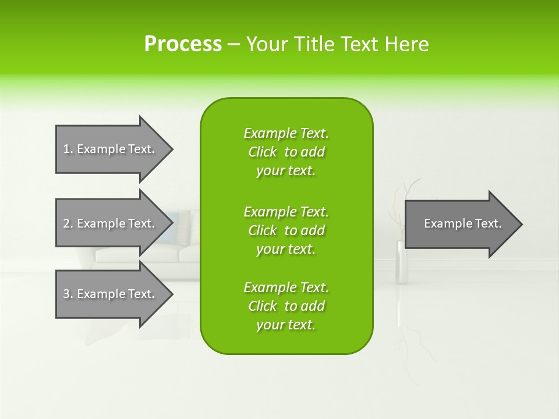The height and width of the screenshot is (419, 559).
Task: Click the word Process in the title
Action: point(183,44)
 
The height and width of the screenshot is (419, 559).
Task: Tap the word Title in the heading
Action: point(314,44)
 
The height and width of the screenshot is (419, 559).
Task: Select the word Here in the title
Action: point(406,44)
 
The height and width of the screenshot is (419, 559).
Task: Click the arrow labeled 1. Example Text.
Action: point(115,149)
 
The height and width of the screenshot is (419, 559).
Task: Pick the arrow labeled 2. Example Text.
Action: point(115,223)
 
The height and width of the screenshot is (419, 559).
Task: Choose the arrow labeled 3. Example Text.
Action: point(115,294)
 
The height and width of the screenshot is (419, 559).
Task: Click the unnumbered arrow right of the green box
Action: point(464,224)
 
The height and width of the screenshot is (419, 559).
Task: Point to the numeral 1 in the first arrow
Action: point(66,149)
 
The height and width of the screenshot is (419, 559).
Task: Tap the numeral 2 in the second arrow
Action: point(66,223)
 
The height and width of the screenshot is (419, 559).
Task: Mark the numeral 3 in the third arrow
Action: point(66,294)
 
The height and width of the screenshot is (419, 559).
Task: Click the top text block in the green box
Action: point(286,152)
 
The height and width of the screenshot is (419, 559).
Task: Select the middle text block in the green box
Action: point(286,230)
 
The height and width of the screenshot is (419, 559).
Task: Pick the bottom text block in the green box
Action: point(286,306)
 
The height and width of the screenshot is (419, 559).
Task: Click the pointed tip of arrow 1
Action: point(173,150)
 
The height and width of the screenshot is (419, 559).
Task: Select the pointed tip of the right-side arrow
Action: point(522,225)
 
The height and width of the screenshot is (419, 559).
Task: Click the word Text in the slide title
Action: point(360,44)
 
